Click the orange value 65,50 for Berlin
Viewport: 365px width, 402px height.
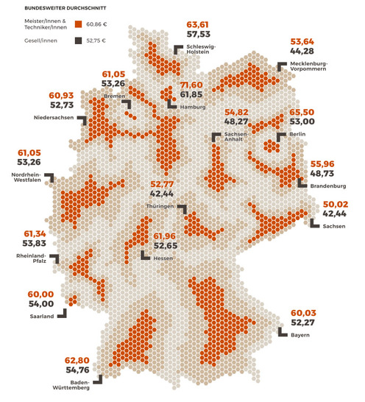coord(300,112)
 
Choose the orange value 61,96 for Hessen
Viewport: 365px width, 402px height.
coord(166,236)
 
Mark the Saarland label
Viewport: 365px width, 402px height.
coord(40,317)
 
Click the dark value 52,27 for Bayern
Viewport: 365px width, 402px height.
coord(305,322)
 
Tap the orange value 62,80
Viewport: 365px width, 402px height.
coord(77,360)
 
